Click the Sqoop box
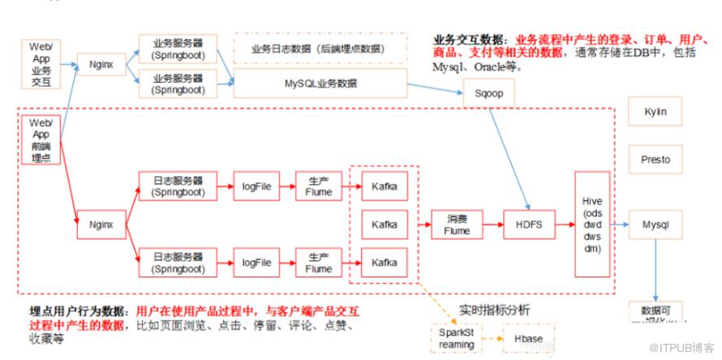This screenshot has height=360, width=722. pos(489,93)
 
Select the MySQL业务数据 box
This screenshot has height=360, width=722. pos(320,83)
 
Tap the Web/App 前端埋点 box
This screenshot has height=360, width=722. pos(41,139)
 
